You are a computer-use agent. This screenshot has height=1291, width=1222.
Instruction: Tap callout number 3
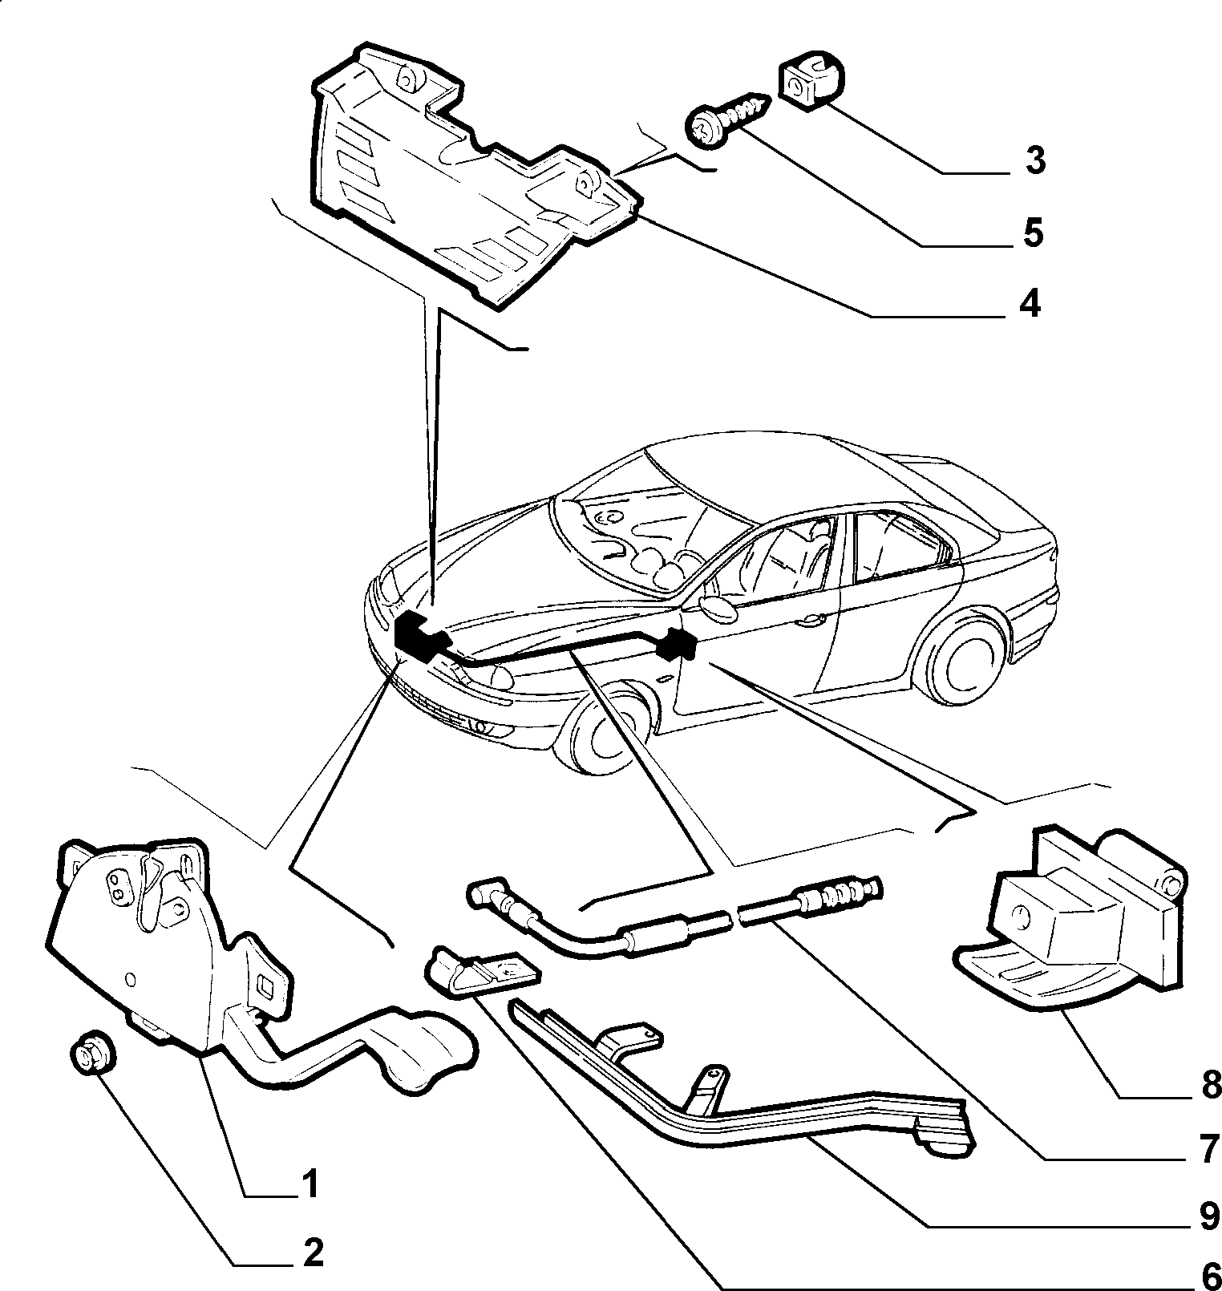point(1034,161)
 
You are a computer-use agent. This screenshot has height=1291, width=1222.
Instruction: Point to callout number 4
point(1030,304)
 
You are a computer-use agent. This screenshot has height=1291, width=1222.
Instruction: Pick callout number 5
point(1032,233)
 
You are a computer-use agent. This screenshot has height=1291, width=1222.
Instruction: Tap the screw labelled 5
point(726,118)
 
